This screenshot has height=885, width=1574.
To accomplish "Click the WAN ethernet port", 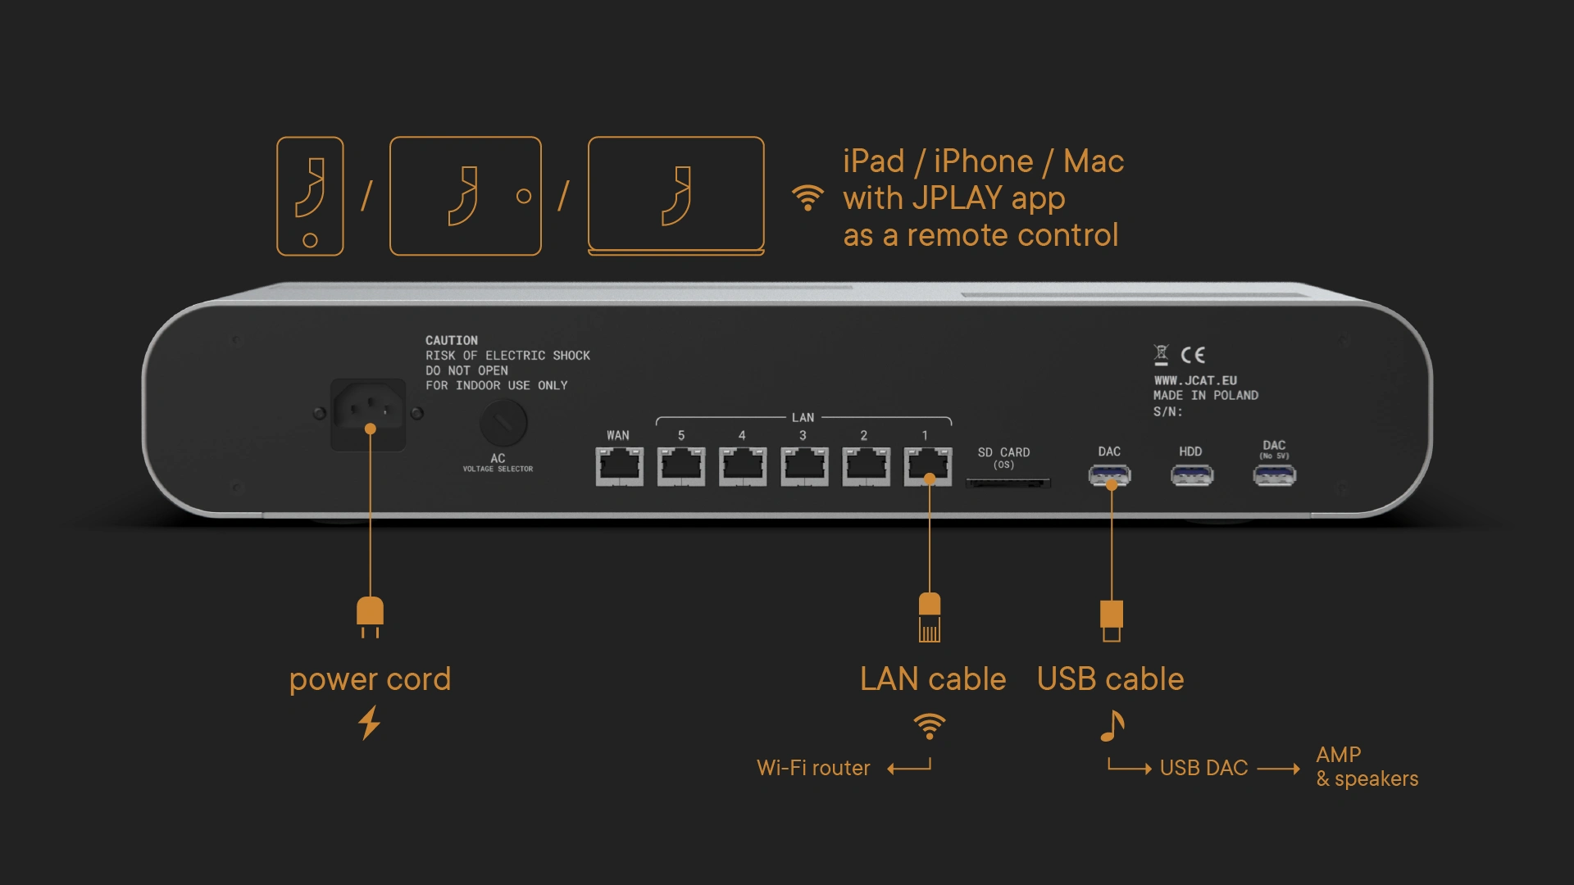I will tap(619, 466).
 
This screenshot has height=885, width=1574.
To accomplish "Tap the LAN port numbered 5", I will tap(680, 466).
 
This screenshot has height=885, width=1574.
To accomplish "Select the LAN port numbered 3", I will tap(803, 466).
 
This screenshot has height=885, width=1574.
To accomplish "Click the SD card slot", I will tap(1008, 483).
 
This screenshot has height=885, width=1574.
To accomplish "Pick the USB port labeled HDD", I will tap(1191, 475).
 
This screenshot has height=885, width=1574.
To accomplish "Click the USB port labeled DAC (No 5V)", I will tap(1274, 475).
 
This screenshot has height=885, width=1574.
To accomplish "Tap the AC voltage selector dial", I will tap(503, 423).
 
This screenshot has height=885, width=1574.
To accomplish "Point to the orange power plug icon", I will tap(370, 616).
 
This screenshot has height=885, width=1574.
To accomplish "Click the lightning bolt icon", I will tap(370, 723).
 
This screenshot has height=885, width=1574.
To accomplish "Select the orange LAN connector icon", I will tap(930, 617).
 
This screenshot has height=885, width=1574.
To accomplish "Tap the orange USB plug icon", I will tap(1112, 620).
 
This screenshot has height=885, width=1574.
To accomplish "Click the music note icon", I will tap(1112, 725).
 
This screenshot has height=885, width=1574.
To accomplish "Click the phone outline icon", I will tap(310, 197).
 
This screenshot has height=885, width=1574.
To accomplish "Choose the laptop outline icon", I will tap(676, 197).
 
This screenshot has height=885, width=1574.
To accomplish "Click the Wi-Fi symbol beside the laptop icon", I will tap(807, 197).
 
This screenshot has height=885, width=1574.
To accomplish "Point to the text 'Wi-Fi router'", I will tap(813, 768).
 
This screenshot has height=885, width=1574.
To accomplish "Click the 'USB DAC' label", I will tap(1203, 768).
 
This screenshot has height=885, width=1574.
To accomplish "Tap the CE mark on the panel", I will tap(1193, 355).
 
